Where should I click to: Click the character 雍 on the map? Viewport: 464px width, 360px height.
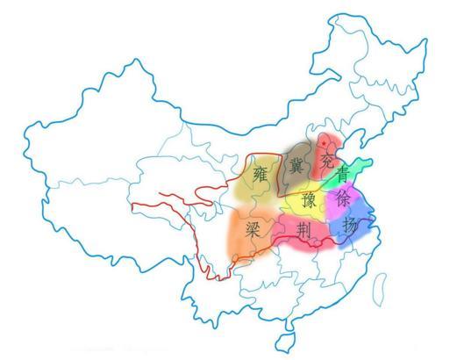261,171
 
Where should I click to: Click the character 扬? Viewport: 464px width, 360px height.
349,226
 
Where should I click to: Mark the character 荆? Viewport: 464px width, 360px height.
304,231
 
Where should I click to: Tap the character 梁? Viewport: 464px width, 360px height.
253,231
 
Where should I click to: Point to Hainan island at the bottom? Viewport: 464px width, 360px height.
285,342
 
